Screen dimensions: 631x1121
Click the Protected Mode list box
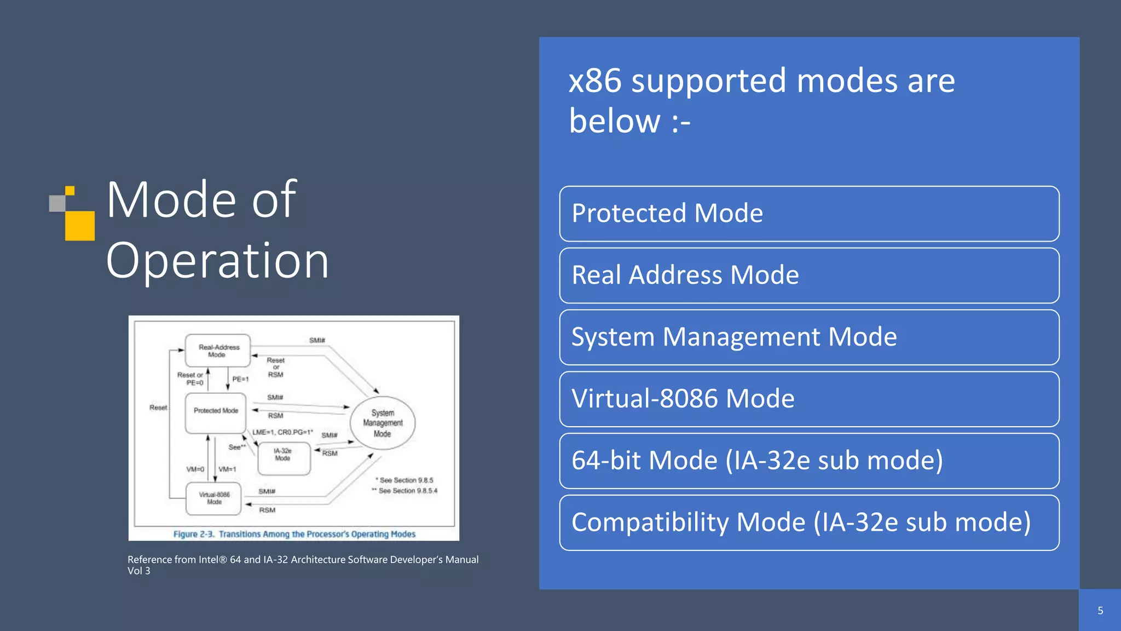809,214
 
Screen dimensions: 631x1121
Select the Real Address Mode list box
809,276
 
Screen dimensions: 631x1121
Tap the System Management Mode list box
809,337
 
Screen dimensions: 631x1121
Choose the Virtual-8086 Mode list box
809,399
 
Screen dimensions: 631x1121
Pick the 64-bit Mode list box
809,461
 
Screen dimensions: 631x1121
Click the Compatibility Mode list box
809,523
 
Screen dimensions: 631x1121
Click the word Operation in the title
217,261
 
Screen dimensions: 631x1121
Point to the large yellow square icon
80,226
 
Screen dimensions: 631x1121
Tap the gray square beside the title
57,203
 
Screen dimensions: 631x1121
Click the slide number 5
1100,611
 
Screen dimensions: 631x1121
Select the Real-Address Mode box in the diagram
218,351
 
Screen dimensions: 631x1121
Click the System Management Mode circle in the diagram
383,423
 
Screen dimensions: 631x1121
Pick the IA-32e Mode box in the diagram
284,458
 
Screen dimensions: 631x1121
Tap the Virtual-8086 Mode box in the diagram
214,498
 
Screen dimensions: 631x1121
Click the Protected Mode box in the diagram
216,412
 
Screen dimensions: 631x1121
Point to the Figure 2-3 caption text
294,534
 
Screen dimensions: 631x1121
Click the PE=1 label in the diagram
240,379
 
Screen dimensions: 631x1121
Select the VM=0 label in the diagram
195,469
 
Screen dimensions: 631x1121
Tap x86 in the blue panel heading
595,81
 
